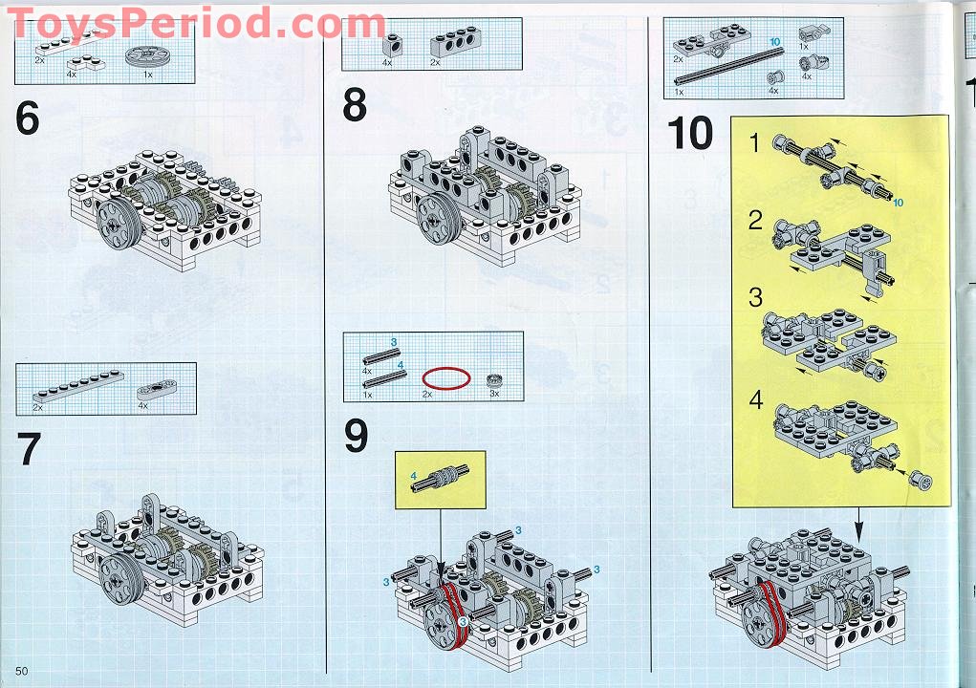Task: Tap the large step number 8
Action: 355,105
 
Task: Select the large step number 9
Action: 356,437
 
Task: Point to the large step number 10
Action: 689,134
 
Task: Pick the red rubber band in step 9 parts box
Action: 446,377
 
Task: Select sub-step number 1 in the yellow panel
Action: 755,144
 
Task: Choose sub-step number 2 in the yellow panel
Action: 755,221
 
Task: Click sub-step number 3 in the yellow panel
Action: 755,297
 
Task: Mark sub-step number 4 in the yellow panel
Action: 756,399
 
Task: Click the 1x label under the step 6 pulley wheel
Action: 147,73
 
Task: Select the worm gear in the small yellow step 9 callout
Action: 440,479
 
